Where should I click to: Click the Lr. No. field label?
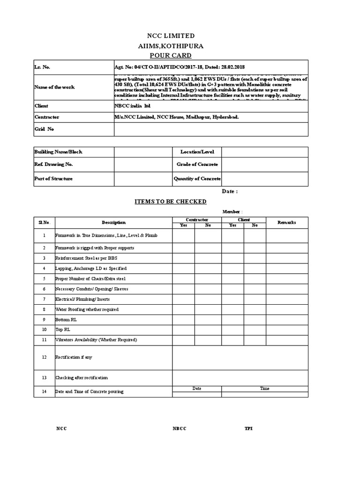(x=43, y=67)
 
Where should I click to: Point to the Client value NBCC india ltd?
(x=133, y=106)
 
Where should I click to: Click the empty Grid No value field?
(x=210, y=129)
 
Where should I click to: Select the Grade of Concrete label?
(x=197, y=165)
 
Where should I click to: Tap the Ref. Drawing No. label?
(x=54, y=165)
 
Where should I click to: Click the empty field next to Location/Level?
(x=264, y=152)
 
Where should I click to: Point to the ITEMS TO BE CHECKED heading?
(x=171, y=202)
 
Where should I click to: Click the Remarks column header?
(x=287, y=222)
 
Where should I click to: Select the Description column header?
(x=113, y=222)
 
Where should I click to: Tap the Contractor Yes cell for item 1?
(x=183, y=235)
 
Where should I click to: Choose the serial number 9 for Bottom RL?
(x=44, y=320)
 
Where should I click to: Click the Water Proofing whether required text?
(x=87, y=309)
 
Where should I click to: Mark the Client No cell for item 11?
(x=255, y=340)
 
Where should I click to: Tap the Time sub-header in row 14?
(x=265, y=389)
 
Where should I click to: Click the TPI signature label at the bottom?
(x=248, y=429)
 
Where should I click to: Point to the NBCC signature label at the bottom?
(x=179, y=429)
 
